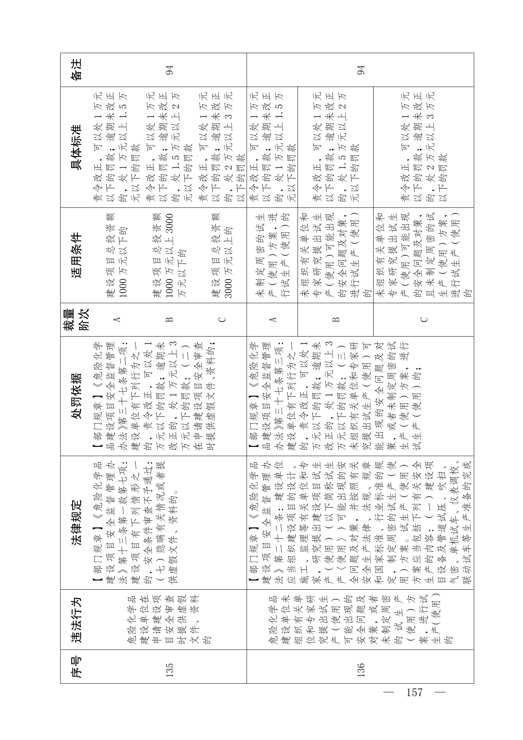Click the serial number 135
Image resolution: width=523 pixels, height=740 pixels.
(x=169, y=673)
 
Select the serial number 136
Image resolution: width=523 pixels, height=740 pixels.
(x=360, y=673)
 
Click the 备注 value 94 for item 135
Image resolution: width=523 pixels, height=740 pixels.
(x=169, y=70)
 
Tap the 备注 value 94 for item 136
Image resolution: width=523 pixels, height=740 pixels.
(x=360, y=70)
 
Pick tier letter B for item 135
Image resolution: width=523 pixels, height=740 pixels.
(x=169, y=319)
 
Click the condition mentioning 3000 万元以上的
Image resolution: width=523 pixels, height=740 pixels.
(x=222, y=255)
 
